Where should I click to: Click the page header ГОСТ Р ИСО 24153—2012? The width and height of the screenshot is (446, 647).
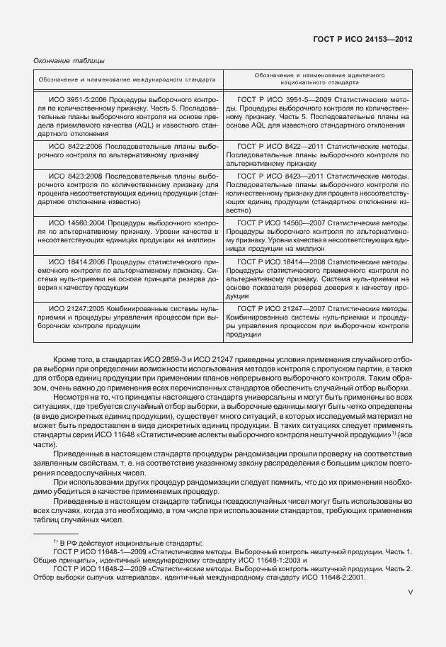[362, 40]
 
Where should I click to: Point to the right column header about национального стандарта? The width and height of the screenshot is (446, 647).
[317, 78]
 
